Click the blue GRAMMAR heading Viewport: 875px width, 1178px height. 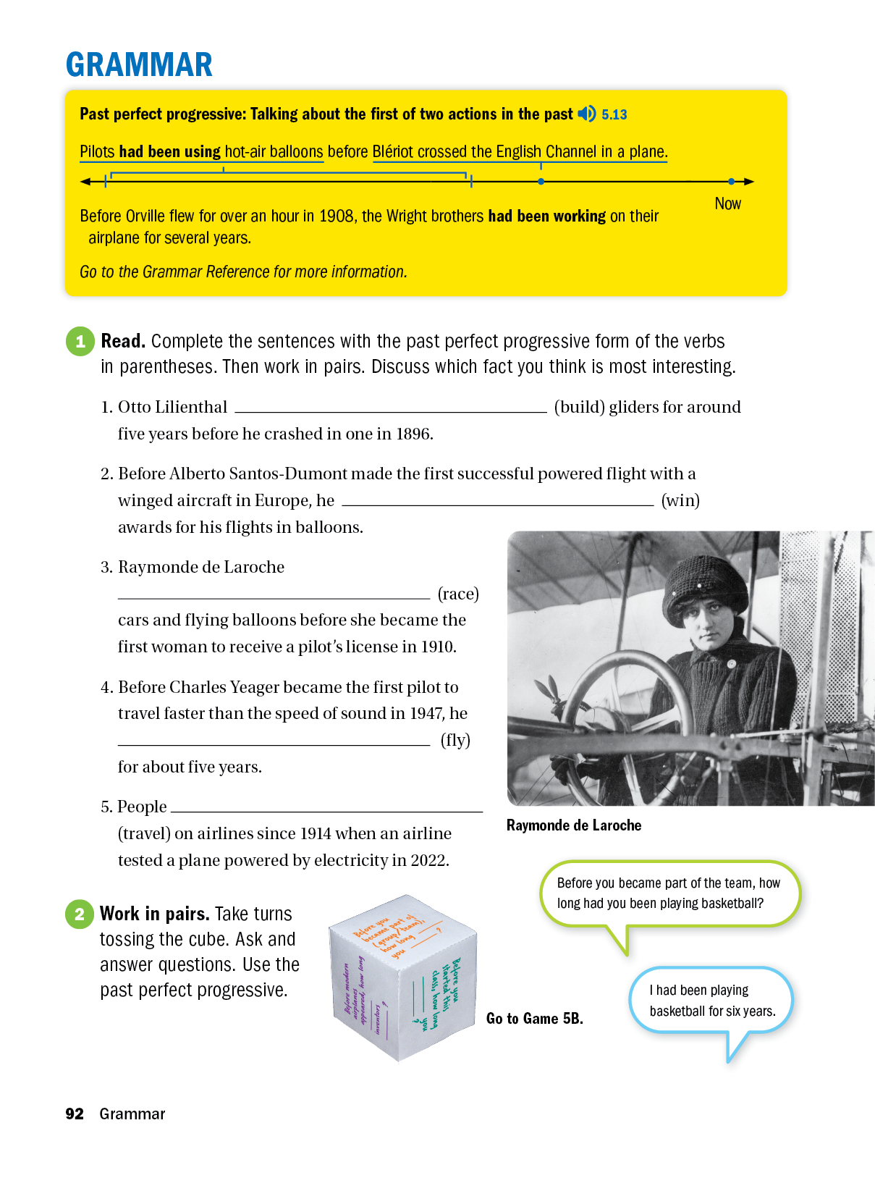[139, 64]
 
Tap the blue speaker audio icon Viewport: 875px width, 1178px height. [586, 114]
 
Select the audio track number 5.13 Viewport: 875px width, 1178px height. [614, 114]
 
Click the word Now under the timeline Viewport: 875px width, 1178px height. [727, 203]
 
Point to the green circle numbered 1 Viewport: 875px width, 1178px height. [80, 341]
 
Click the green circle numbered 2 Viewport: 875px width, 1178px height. [80, 914]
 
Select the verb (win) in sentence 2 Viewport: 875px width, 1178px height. [680, 500]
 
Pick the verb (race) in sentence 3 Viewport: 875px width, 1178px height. [458, 594]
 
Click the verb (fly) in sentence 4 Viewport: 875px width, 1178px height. [455, 740]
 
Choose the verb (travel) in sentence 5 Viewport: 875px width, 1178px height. [144, 833]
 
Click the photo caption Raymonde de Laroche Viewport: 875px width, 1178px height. [573, 825]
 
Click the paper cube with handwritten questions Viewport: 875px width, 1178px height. [402, 977]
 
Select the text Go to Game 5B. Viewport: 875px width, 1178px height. [534, 1019]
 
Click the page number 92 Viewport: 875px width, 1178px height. [75, 1114]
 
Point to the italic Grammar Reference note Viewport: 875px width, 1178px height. [243, 272]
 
